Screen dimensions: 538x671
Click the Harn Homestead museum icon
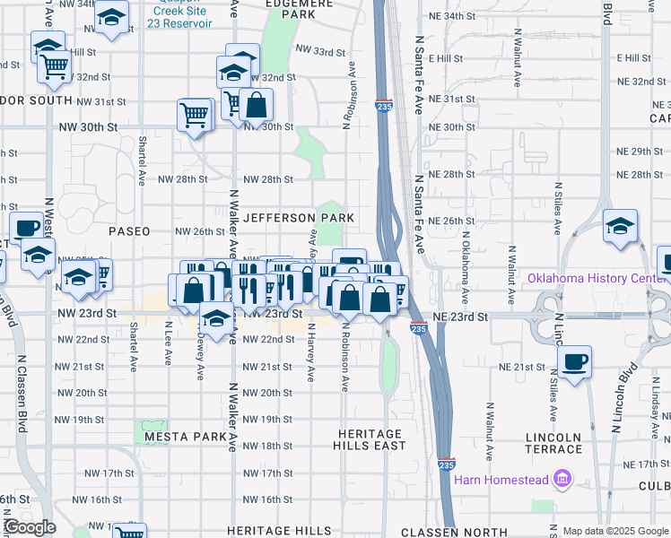pyautogui.click(x=562, y=480)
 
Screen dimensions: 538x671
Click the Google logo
pyautogui.click(x=29, y=527)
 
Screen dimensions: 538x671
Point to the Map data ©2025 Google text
pyautogui.click(x=614, y=531)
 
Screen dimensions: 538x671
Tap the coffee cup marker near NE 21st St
pyautogui.click(x=574, y=362)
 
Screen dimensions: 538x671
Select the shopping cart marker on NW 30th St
pyautogui.click(x=195, y=115)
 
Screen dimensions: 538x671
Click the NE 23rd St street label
pyautogui.click(x=458, y=317)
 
